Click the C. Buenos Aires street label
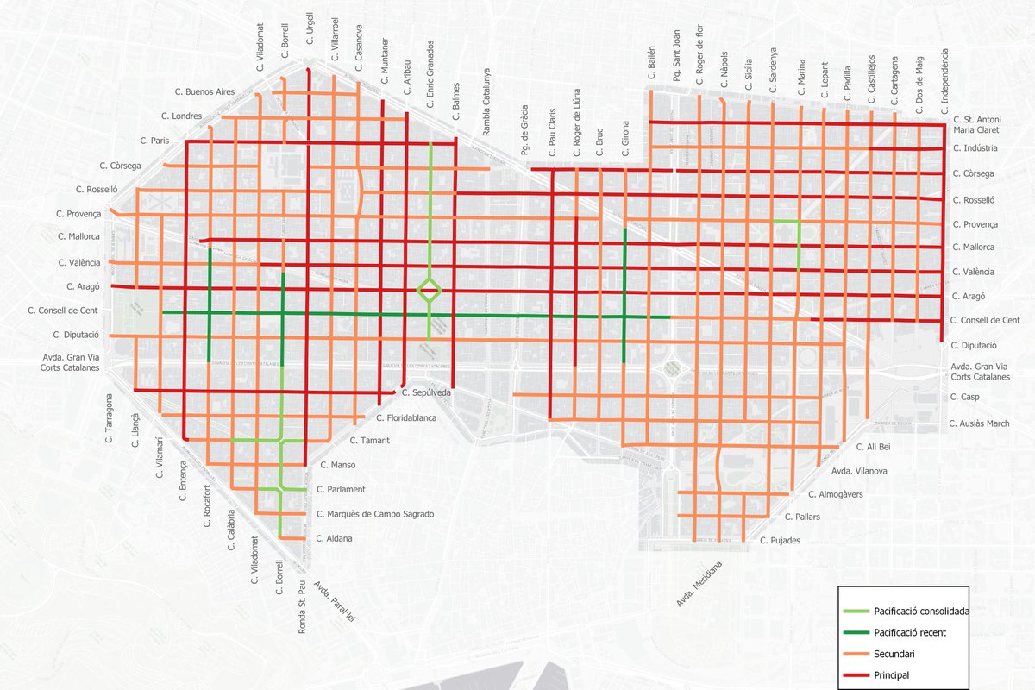[204, 91]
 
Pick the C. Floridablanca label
[407, 418]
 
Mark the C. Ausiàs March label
[979, 423]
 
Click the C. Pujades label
[780, 541]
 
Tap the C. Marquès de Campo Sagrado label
[375, 514]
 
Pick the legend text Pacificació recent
[910, 633]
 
